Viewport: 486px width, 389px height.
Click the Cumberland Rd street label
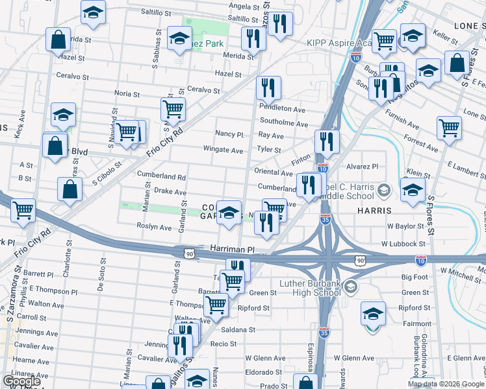(x=161, y=176)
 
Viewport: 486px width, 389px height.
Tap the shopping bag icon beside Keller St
(x=457, y=64)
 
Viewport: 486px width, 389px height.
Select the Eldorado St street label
(x=262, y=371)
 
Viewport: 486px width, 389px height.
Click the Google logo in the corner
(x=21, y=381)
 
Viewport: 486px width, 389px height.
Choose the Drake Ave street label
(x=170, y=193)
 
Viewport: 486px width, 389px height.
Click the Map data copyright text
(x=446, y=384)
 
